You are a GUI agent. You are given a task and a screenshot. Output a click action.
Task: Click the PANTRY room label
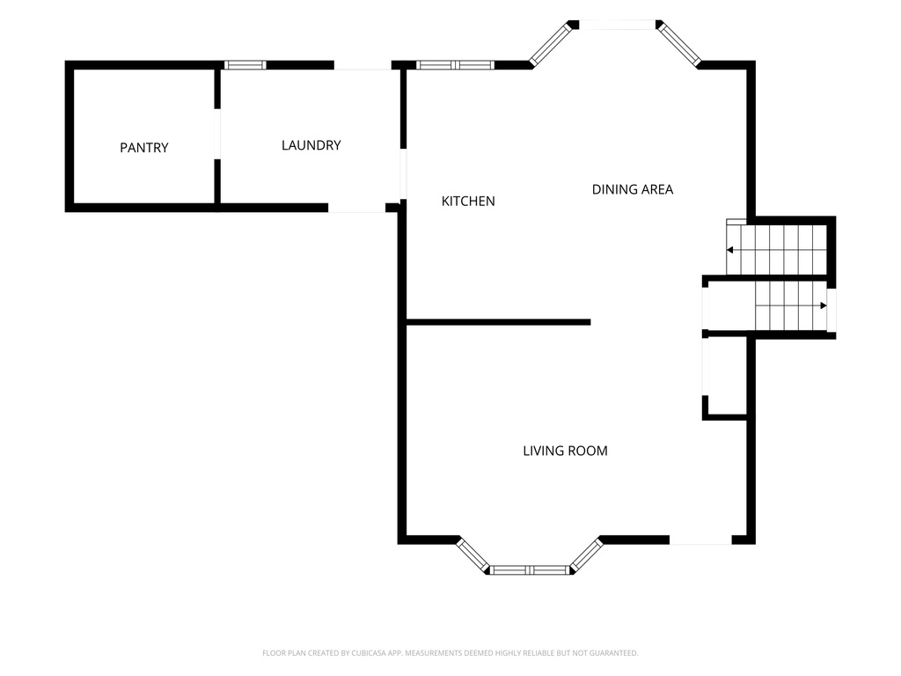pos(143,148)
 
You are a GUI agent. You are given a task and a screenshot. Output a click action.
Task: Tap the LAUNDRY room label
pos(311,145)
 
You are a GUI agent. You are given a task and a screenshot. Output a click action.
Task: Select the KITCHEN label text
pos(468,202)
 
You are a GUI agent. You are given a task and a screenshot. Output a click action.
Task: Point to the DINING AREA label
pos(632,189)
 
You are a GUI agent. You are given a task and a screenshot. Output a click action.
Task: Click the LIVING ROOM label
pos(565,451)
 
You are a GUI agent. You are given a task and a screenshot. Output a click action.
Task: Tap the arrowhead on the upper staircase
pos(729,250)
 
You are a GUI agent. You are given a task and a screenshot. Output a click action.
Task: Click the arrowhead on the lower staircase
pos(824,305)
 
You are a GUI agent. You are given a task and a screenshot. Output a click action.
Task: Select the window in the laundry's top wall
pos(245,65)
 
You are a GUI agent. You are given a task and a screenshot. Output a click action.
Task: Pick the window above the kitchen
pos(455,65)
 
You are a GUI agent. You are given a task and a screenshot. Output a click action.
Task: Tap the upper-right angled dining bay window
pos(679,44)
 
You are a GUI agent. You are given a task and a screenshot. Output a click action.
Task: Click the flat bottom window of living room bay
pos(530,570)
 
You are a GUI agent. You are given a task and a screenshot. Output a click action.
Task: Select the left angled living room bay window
pos(472,555)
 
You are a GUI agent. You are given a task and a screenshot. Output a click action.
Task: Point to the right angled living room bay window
pos(586,555)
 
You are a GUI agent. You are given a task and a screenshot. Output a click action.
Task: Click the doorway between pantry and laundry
pos(217,134)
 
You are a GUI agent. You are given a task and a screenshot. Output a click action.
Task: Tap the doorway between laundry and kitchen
pos(403,174)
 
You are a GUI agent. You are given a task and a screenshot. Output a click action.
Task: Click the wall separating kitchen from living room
pos(498,322)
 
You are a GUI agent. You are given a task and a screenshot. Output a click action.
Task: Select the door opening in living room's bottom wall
pos(700,540)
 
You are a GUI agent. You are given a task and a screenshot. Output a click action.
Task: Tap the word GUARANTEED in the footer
pos(615,653)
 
